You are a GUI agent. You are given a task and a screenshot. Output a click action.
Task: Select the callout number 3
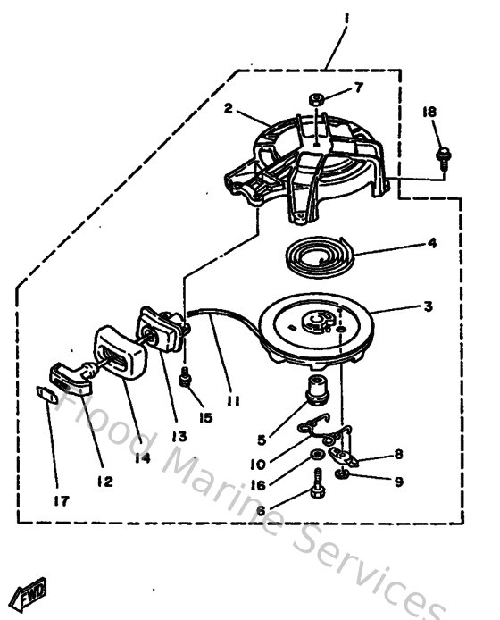point(428,306)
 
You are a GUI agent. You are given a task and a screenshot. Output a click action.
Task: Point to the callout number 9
point(399,482)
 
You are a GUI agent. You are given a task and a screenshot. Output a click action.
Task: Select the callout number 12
point(105,482)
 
